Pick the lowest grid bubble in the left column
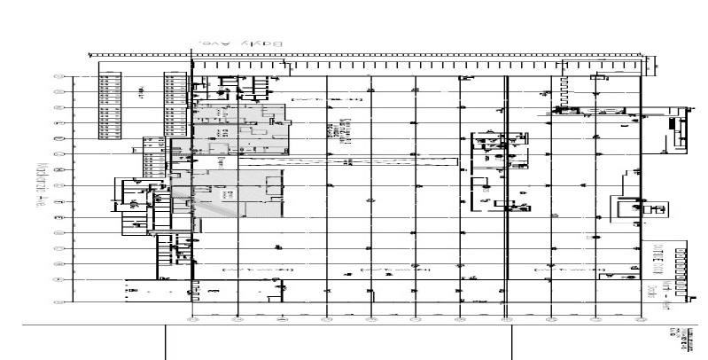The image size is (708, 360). pos(60,294)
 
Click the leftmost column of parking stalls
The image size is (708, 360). pos(109,105)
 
